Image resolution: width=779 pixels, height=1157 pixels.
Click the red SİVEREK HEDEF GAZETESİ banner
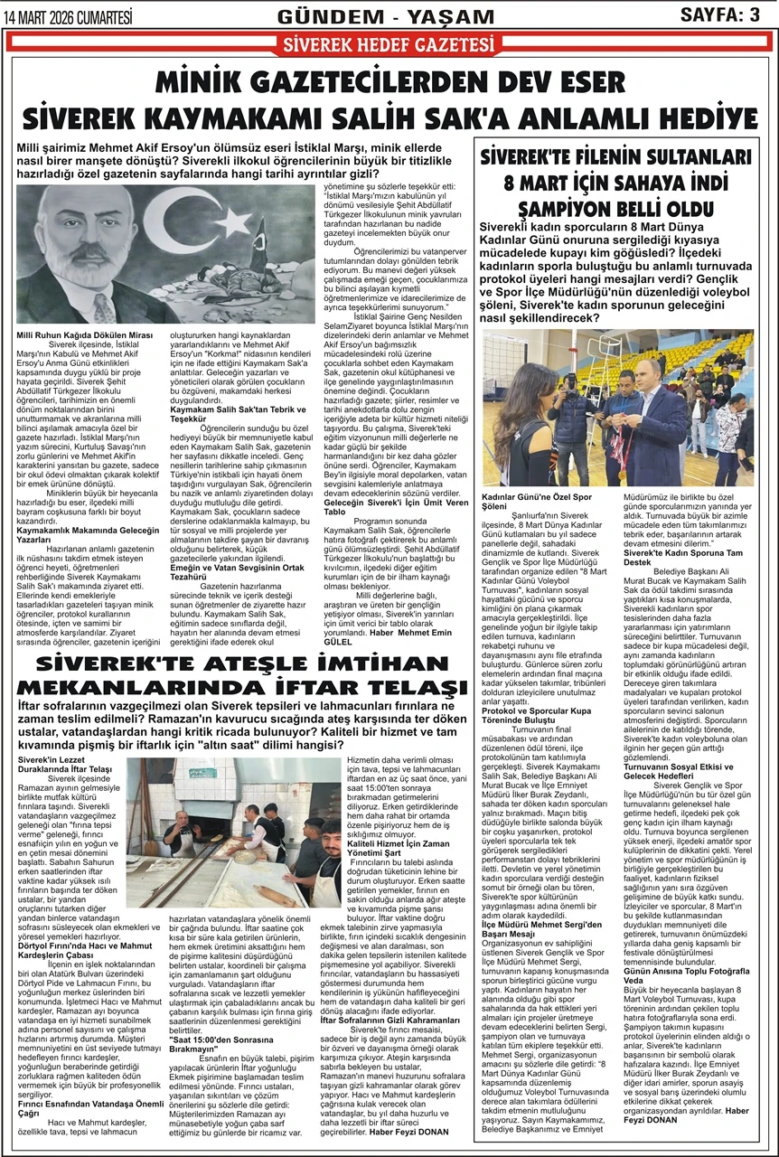389,43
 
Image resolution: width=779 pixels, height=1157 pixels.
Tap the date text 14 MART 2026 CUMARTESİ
69,14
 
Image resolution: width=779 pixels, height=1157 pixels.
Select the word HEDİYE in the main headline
701,118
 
